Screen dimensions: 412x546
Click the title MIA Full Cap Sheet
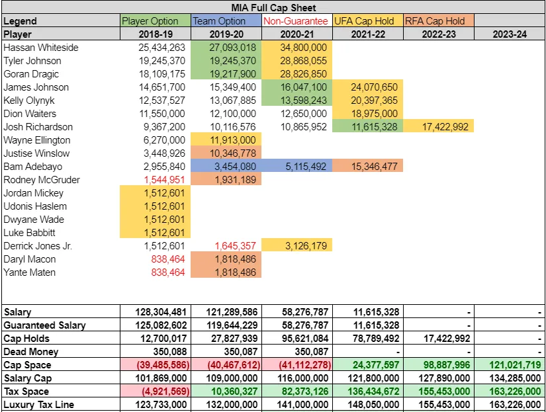(x=273, y=8)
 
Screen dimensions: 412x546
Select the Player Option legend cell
(x=155, y=21)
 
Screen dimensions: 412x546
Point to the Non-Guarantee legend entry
(x=296, y=21)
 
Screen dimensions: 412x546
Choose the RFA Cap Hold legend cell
(x=438, y=21)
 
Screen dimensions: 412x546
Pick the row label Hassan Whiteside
(x=40, y=48)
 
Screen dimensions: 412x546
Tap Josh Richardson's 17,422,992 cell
(x=439, y=127)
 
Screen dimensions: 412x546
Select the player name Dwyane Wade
(x=34, y=220)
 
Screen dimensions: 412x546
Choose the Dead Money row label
(x=30, y=352)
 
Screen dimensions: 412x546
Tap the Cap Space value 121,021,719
(x=511, y=365)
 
